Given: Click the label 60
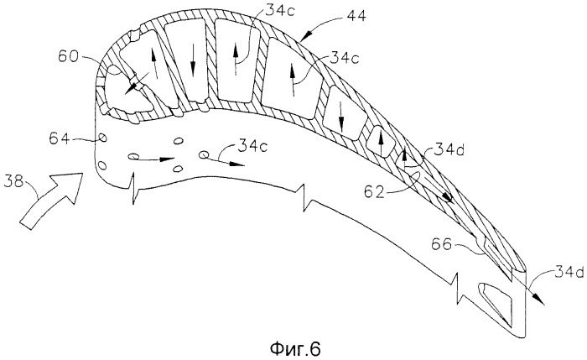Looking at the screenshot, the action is click(x=68, y=57).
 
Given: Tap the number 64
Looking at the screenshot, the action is click(x=60, y=138).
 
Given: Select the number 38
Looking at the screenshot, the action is click(x=13, y=183).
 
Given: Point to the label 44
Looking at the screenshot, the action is click(x=356, y=16).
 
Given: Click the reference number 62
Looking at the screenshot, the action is click(x=374, y=192).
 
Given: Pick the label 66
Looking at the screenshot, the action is click(x=442, y=245).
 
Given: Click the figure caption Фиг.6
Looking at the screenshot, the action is click(x=295, y=349).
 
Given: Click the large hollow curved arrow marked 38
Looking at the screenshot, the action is click(x=51, y=200).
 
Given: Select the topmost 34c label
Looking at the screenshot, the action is click(x=280, y=10).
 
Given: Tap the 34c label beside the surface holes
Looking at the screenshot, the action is click(x=252, y=146).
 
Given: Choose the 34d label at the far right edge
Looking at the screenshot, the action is click(x=569, y=273).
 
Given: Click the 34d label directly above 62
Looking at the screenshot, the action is click(x=449, y=150).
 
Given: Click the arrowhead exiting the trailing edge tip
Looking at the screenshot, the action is click(x=539, y=298).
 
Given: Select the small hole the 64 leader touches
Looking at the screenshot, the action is click(x=101, y=138).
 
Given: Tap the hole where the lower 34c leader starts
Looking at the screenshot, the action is click(x=204, y=154).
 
